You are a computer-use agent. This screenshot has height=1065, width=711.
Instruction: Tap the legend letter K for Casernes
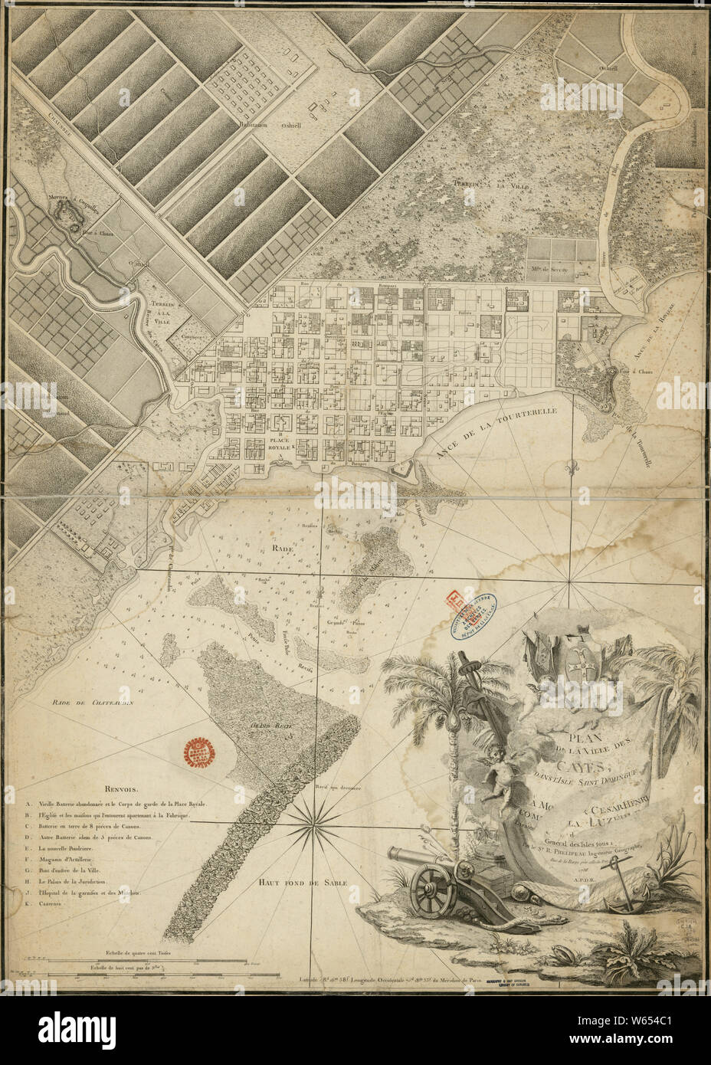(x=28, y=904)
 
